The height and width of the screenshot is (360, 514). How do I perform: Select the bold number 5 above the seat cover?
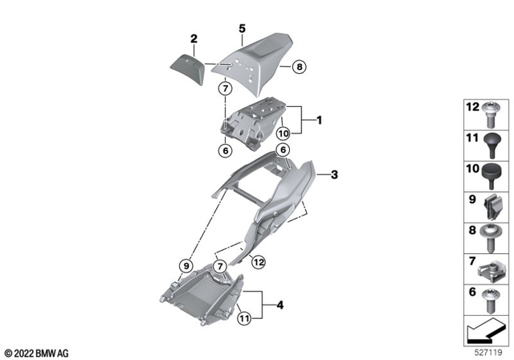click(241, 27)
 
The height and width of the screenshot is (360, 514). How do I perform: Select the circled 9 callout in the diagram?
click(185, 264)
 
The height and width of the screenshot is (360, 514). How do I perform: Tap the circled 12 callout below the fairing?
click(258, 260)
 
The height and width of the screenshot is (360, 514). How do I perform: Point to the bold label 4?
click(279, 305)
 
